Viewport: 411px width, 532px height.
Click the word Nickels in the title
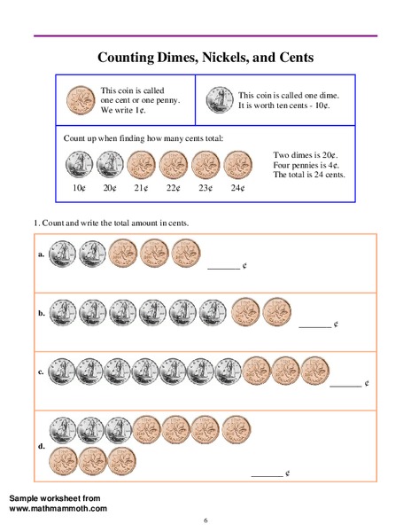click(x=245, y=59)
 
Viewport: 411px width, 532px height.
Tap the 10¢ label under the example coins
click(x=79, y=188)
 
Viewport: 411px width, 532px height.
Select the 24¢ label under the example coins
click(x=237, y=188)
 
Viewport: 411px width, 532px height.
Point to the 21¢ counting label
click(x=140, y=188)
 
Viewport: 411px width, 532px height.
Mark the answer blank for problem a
click(x=222, y=266)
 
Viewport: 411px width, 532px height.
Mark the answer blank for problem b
click(x=314, y=326)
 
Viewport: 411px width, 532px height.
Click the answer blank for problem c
click(x=345, y=385)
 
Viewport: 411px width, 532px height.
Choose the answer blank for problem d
click(x=267, y=476)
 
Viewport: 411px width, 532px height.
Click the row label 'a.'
click(x=42, y=254)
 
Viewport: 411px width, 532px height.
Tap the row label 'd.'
click(x=42, y=446)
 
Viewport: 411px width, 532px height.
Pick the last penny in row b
click(x=276, y=312)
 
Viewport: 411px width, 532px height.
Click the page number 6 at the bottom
click(x=205, y=520)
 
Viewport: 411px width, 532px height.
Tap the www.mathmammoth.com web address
click(x=58, y=508)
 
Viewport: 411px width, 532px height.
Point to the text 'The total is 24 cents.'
click(x=309, y=175)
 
